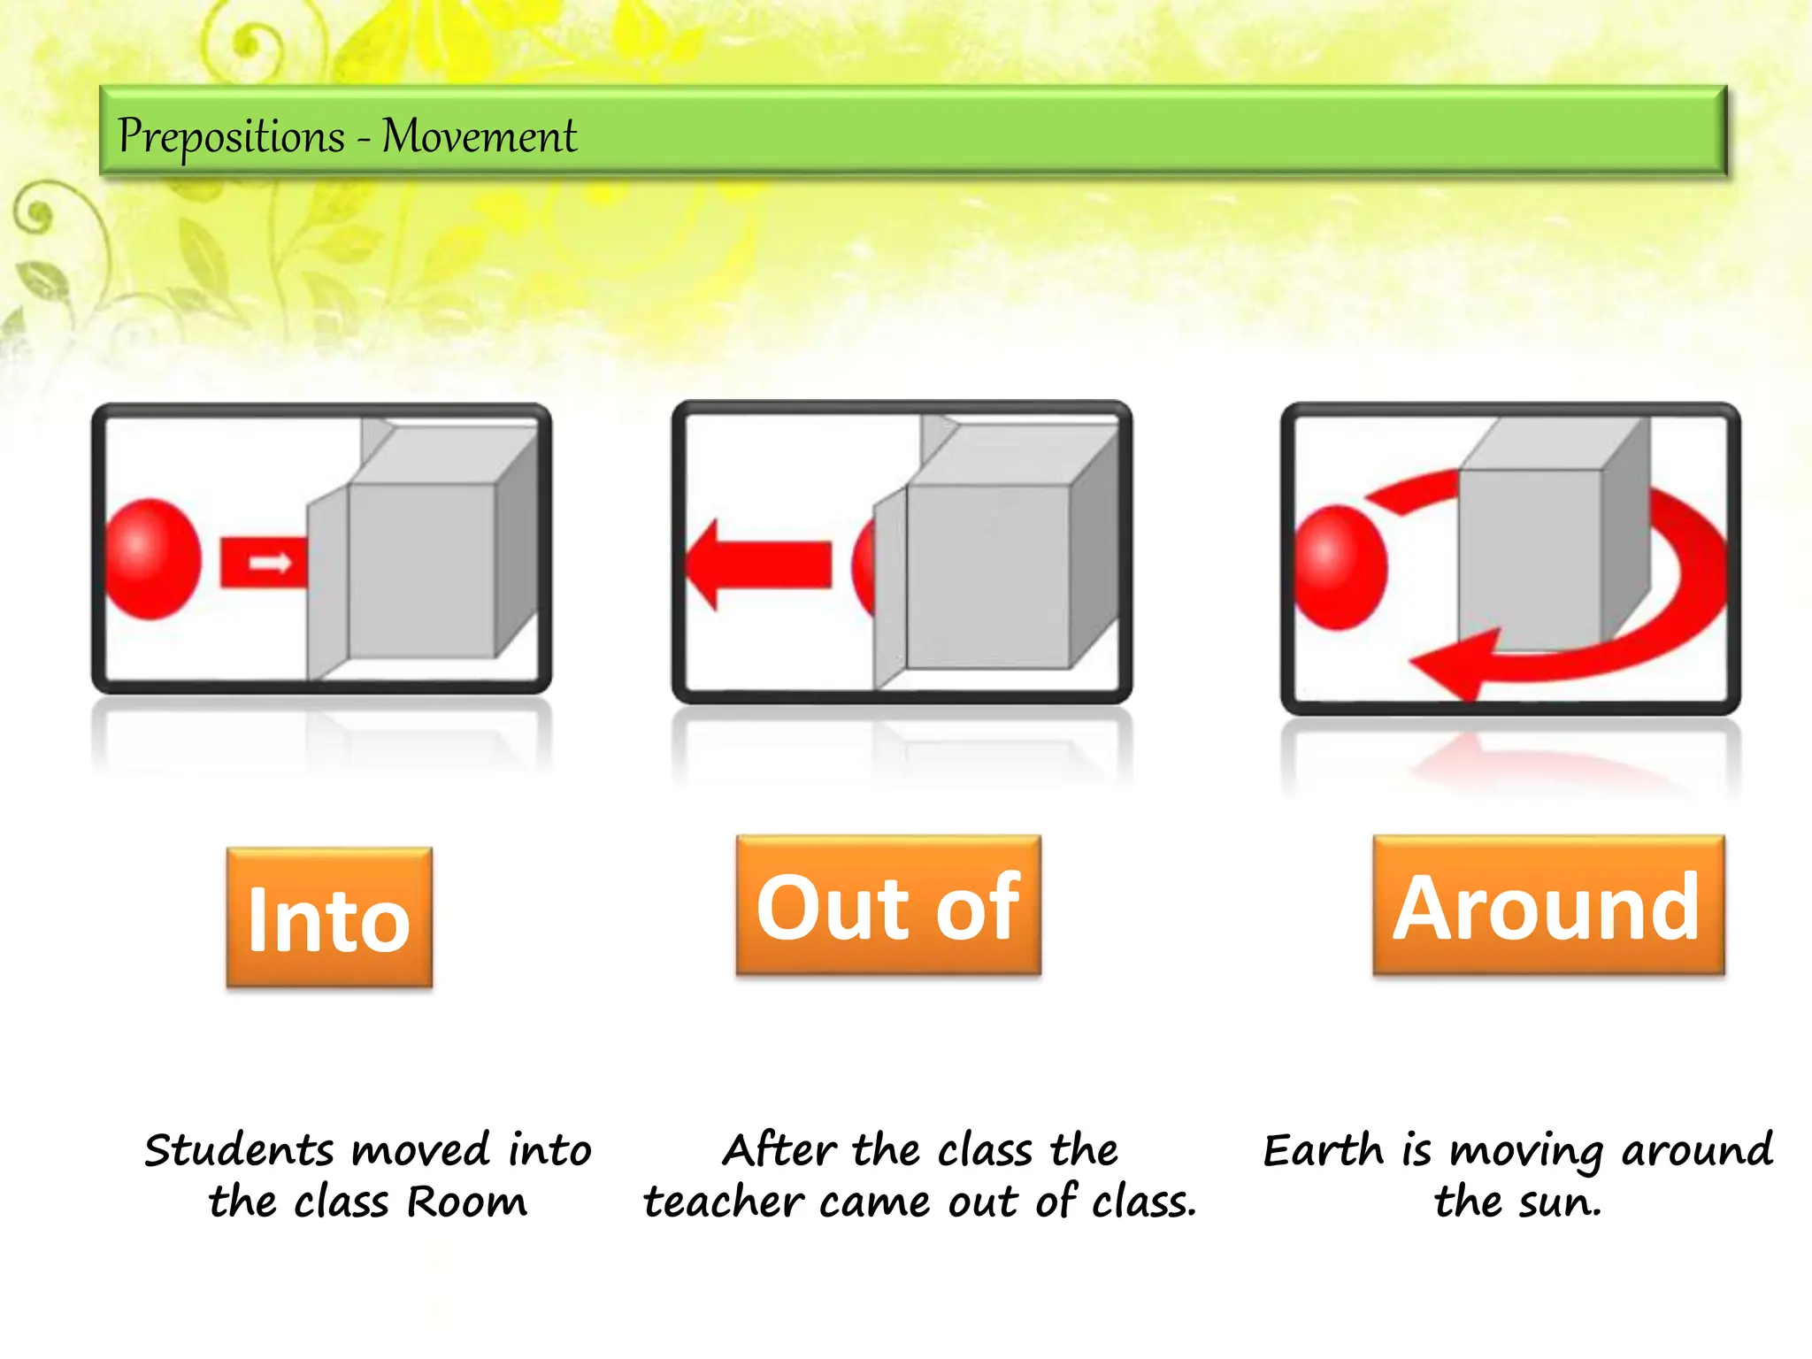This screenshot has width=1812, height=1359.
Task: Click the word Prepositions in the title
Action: pyautogui.click(x=231, y=137)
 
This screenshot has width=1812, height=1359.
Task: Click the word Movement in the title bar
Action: pyautogui.click(x=479, y=137)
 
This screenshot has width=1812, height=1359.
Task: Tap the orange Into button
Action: pyautogui.click(x=329, y=918)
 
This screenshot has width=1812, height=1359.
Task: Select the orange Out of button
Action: pyautogui.click(x=888, y=906)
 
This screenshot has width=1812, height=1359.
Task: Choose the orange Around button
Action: pyautogui.click(x=1548, y=906)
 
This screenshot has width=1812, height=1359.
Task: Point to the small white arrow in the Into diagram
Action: pyautogui.click(x=269, y=563)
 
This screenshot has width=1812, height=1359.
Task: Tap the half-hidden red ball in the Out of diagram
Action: pyautogui.click(x=864, y=566)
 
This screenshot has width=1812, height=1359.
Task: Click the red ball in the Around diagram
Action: pyautogui.click(x=1340, y=567)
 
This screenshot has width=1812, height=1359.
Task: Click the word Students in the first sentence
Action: pyautogui.click(x=239, y=1150)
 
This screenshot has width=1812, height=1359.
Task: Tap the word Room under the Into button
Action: pyautogui.click(x=467, y=1202)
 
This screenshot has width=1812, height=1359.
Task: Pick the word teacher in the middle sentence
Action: pyautogui.click(x=723, y=1202)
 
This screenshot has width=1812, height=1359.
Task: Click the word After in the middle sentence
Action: pyautogui.click(x=779, y=1150)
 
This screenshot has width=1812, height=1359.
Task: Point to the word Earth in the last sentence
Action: pyautogui.click(x=1323, y=1150)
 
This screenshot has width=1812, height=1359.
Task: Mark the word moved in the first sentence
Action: pyautogui.click(x=421, y=1150)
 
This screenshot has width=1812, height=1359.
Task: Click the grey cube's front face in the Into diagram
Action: pyautogui.click(x=421, y=571)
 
